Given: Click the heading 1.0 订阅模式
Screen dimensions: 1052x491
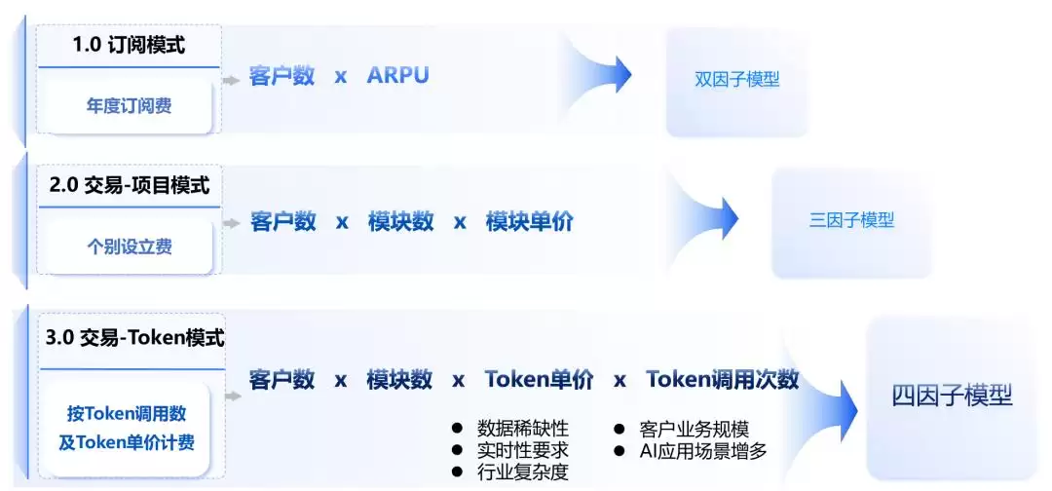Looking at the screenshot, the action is [x=129, y=46].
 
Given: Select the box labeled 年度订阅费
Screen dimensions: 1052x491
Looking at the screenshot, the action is [x=129, y=105].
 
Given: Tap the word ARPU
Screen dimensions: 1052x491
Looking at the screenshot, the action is [x=397, y=75].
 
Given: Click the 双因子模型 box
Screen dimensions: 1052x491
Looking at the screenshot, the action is [x=736, y=80].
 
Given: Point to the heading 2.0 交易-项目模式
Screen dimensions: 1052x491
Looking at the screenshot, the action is [x=130, y=185].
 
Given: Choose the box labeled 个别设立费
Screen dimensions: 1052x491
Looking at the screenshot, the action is [x=129, y=246].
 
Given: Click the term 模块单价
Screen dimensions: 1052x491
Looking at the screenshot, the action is [x=529, y=221].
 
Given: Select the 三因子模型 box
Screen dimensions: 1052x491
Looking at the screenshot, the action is [x=851, y=220].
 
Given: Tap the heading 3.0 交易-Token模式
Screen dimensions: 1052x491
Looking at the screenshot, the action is [x=134, y=338].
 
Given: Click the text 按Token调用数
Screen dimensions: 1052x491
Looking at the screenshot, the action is [x=126, y=413].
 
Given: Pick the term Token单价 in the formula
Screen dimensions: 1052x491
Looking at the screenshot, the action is [x=540, y=380].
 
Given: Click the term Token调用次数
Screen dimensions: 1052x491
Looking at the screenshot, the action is [x=723, y=380].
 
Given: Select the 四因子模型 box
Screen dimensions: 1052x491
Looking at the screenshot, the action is [x=952, y=397].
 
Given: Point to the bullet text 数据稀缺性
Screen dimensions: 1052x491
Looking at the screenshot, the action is [x=523, y=428].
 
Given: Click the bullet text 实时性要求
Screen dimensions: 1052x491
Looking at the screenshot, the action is [x=523, y=449].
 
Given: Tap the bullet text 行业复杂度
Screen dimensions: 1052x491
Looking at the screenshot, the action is [x=523, y=472].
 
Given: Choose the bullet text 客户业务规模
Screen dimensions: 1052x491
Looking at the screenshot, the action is [x=694, y=429].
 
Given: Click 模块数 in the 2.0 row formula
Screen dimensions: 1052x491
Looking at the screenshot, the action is [x=400, y=221].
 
